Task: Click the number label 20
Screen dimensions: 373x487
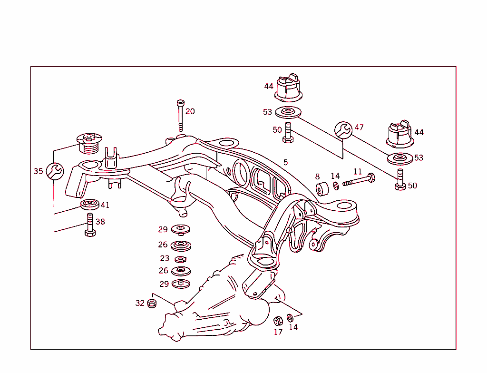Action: coord(190,111)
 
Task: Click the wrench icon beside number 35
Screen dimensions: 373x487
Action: coord(54,171)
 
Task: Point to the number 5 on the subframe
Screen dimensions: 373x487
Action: coord(285,162)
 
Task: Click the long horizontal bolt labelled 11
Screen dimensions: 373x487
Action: coord(359,181)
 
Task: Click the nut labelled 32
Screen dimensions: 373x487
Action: coord(152,303)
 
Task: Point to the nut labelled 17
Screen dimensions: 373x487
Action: coord(279,320)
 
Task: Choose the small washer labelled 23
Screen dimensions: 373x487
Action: coord(180,259)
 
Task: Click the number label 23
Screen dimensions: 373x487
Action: coord(165,259)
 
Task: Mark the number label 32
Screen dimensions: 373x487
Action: coord(140,303)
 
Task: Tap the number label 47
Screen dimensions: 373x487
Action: coord(359,128)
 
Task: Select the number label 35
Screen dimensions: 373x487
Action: coord(39,171)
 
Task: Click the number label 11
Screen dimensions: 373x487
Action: coord(357,171)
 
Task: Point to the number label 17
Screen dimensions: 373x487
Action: coord(278,332)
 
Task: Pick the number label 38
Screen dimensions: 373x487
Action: coord(100,222)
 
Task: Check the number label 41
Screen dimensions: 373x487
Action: coord(105,205)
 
